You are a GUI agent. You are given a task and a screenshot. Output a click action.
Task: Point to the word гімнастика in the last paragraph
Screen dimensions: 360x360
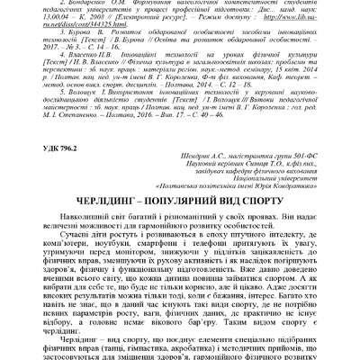point(167,352)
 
